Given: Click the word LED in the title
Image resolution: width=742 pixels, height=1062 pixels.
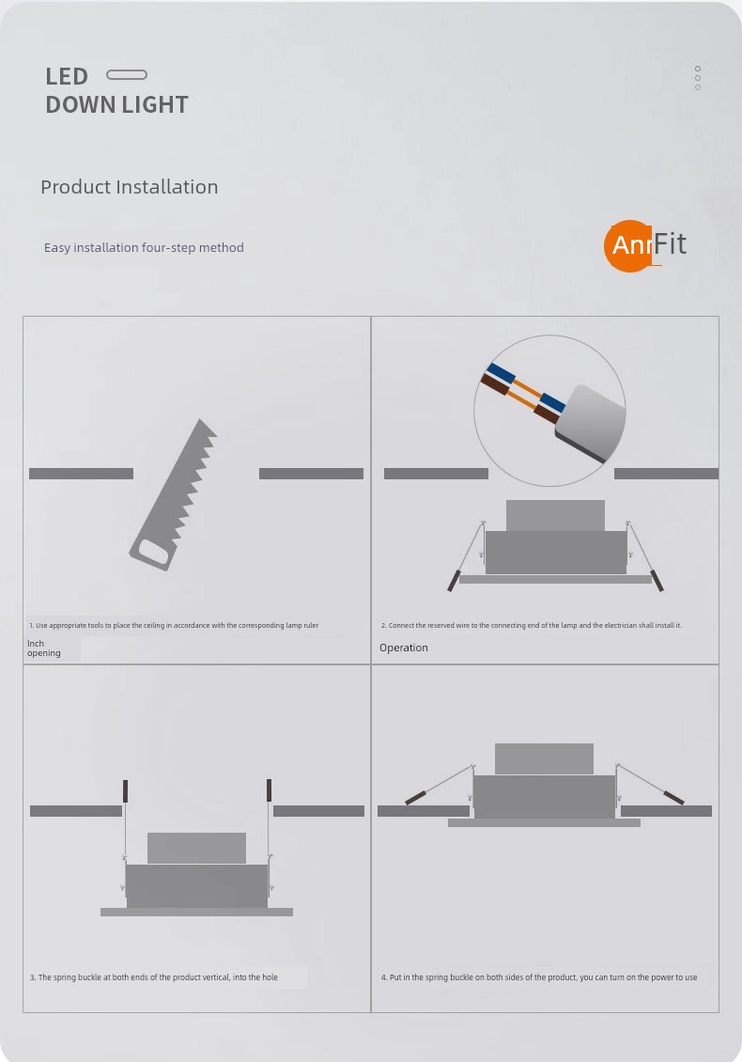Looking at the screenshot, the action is coord(67,76).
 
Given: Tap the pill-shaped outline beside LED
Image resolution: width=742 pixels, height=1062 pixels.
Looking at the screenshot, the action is coord(127,74).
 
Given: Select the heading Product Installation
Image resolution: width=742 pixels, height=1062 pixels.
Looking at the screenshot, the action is coord(130,187).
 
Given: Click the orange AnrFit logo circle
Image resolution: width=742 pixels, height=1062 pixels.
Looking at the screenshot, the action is coord(629,246).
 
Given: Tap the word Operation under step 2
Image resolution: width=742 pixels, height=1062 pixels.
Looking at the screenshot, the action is coord(404,648).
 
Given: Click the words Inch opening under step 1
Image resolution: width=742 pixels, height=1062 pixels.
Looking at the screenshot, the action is coord(44,648).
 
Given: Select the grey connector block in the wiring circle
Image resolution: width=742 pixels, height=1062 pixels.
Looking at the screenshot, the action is coord(590,423).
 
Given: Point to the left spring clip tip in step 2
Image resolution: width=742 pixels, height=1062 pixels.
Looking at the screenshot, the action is coord(453,581).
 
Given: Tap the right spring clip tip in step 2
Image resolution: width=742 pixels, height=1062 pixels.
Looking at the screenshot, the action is coord(657,581).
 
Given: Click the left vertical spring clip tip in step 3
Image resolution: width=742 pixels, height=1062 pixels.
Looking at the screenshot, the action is coord(125,790).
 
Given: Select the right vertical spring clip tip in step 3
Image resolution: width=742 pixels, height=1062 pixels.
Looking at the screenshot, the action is coord(269,789).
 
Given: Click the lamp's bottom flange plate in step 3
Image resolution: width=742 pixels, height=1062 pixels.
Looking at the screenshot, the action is coord(196,913).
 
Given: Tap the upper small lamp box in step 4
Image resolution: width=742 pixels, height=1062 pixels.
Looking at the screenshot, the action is coord(545,758).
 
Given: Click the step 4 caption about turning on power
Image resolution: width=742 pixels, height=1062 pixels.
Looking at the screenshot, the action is coord(539,977).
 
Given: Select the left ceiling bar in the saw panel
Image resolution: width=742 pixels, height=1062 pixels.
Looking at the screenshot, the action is coord(81,474).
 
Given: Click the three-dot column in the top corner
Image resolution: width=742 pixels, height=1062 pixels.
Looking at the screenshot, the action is coord(697,78).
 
